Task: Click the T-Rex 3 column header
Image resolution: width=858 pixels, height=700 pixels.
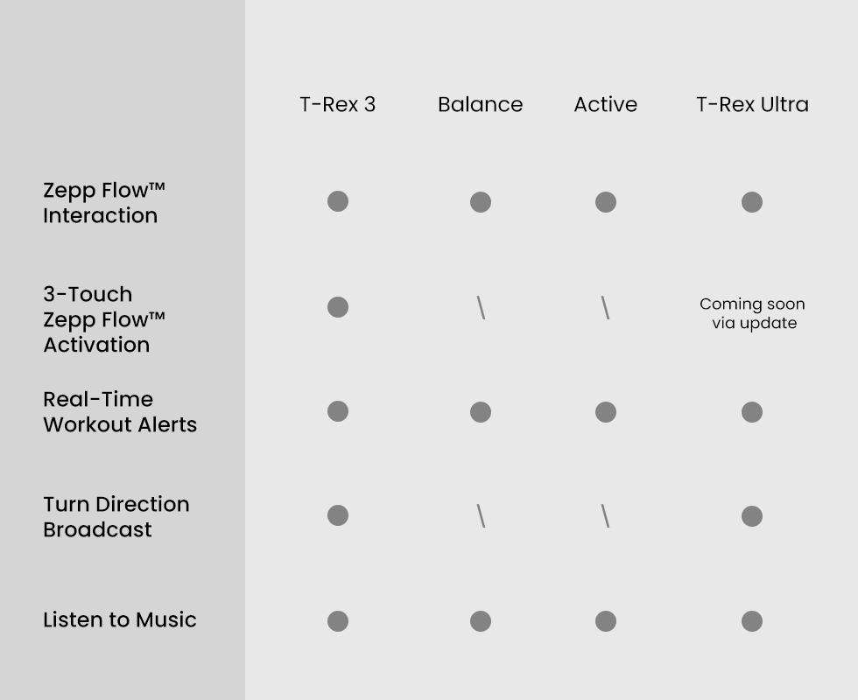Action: [x=338, y=104]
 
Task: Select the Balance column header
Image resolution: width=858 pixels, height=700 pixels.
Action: [x=481, y=104]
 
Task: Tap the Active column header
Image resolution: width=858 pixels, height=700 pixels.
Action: [x=606, y=104]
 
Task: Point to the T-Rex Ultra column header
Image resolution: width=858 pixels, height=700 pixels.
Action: [x=752, y=104]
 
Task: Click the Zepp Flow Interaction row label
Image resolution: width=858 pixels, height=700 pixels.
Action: [x=104, y=203]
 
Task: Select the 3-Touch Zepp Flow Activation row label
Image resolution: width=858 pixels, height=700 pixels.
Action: [x=104, y=319]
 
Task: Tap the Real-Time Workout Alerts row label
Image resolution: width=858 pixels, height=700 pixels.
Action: [x=120, y=412]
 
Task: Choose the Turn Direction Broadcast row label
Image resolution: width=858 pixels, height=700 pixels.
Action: [x=116, y=517]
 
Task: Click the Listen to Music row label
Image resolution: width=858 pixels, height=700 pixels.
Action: [x=120, y=619]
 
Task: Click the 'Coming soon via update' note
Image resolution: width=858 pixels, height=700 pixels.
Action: [x=752, y=313]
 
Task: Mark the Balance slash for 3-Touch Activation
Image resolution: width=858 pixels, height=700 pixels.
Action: [x=481, y=307]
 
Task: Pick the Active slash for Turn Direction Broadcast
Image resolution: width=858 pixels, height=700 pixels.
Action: [x=605, y=515]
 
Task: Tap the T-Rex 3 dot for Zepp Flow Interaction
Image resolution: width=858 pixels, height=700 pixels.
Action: [x=338, y=201]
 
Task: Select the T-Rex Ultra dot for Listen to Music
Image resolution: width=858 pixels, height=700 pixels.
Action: [x=752, y=621]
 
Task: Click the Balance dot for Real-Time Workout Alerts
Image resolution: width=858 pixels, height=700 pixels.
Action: [x=481, y=412]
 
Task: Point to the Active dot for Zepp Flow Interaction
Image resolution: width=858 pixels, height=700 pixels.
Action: [x=606, y=202]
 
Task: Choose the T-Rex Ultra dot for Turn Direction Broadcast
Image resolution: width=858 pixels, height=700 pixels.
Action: [x=752, y=515]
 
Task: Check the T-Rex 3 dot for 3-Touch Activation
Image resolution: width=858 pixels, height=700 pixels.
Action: [x=338, y=307]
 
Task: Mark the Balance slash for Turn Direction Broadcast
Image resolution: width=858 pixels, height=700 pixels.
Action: [x=481, y=515]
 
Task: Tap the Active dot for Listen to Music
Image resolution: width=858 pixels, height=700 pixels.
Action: [x=606, y=621]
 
